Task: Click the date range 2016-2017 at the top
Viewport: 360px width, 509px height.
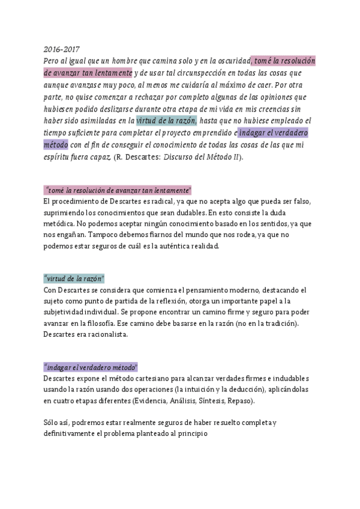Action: (62, 49)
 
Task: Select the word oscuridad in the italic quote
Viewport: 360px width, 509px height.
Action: (231, 61)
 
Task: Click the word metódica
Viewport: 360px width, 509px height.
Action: (59, 224)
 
